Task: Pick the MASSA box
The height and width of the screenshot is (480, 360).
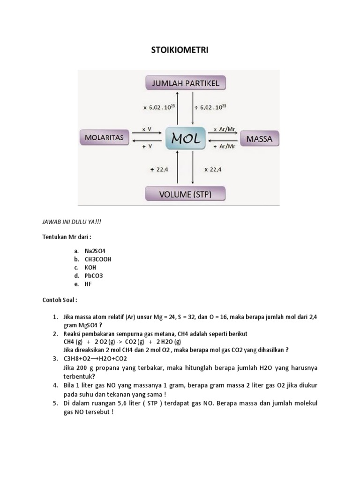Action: tap(259, 139)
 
